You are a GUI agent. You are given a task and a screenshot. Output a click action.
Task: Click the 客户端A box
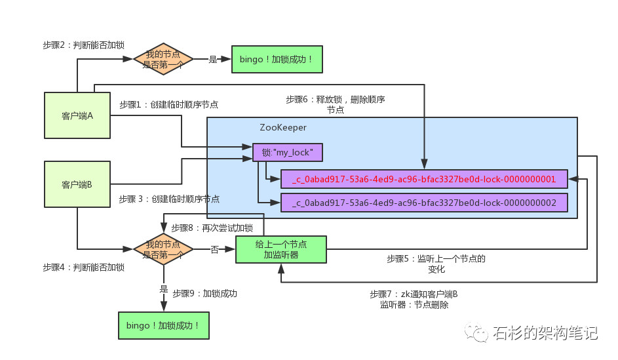click(x=77, y=115)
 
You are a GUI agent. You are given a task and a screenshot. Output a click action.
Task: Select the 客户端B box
click(x=77, y=184)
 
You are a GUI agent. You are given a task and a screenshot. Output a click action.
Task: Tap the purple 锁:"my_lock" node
click(x=287, y=153)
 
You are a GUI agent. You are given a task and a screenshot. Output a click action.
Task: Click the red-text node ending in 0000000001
click(x=424, y=180)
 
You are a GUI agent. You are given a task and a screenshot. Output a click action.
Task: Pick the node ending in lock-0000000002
click(x=424, y=203)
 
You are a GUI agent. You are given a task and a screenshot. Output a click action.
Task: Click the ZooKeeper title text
click(x=283, y=127)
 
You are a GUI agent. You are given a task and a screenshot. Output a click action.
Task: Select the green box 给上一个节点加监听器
click(x=281, y=250)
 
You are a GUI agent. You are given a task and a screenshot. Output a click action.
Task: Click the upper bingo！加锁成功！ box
click(x=277, y=59)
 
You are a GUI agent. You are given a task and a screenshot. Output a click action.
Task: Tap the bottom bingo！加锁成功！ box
click(x=164, y=325)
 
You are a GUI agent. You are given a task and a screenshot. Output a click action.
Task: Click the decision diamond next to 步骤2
click(x=163, y=59)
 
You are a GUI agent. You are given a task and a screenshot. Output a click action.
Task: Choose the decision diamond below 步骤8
click(x=163, y=249)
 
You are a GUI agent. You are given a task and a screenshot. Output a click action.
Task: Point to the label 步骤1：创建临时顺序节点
click(x=168, y=104)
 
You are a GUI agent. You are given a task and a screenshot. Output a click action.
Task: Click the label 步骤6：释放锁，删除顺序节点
click(x=336, y=104)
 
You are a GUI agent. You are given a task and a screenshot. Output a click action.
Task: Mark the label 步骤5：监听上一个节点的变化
click(x=436, y=264)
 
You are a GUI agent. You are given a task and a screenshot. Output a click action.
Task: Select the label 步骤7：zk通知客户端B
click(x=414, y=294)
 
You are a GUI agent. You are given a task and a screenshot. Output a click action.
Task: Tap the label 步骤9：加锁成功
click(x=205, y=293)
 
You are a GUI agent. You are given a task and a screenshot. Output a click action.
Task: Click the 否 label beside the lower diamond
click(x=214, y=250)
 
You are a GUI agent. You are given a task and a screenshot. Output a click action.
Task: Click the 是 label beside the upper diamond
click(x=213, y=59)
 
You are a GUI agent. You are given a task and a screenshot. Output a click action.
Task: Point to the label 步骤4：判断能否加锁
click(x=83, y=268)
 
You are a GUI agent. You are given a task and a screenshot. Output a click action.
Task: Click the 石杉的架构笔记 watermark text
click(x=545, y=333)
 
